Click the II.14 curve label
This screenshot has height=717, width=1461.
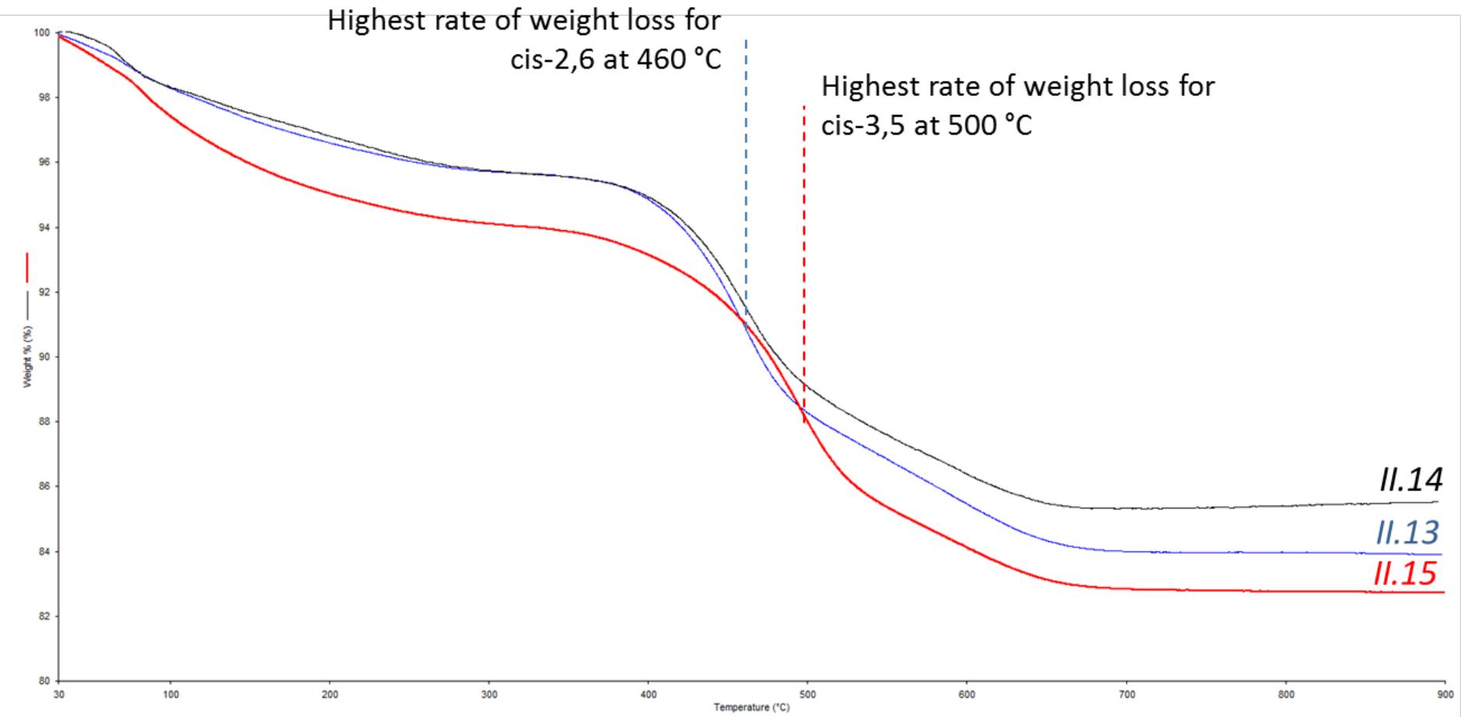1410,480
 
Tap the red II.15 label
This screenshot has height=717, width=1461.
1405,574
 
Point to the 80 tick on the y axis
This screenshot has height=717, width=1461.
44,681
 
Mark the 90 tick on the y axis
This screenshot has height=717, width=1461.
44,357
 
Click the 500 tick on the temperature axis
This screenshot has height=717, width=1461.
807,694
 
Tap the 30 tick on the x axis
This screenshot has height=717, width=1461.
59,694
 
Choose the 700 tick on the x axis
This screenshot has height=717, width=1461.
1126,694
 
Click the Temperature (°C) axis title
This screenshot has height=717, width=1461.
751,707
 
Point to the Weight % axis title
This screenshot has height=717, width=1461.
28,357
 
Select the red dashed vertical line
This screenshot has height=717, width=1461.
804,233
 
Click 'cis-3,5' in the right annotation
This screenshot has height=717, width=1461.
863,125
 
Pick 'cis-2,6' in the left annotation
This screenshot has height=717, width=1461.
553,60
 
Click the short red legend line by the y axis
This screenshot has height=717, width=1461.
28,267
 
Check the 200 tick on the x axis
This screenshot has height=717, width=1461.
330,694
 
